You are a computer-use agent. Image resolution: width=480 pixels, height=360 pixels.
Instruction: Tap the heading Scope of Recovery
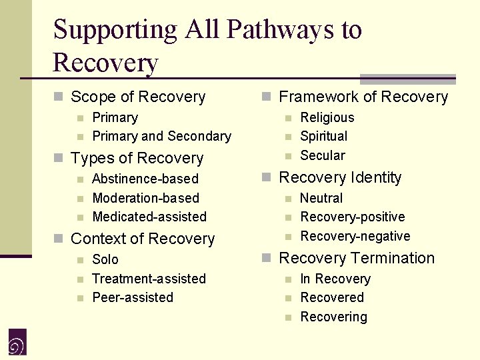coord(138,97)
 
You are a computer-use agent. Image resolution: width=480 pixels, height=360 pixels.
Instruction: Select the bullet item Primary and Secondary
coord(161,136)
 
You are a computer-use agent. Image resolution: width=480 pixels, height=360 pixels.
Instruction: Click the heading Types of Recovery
coord(137,159)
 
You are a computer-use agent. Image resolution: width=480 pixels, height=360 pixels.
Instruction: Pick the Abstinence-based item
coord(145,179)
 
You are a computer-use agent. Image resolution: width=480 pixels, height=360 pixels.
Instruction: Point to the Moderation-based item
coord(145,198)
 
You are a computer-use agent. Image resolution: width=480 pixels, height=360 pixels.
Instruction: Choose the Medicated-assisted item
coord(149,217)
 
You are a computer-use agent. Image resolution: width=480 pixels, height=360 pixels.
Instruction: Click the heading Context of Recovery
coord(143,239)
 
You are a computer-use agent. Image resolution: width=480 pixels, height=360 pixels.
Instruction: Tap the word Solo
coord(105,259)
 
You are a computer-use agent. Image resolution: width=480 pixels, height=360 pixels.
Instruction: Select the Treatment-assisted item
coord(149,279)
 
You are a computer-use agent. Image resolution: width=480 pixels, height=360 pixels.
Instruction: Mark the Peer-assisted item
coord(133,297)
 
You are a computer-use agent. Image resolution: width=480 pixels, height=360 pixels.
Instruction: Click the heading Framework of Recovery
coord(363,97)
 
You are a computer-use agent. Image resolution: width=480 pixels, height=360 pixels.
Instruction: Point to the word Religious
coord(327,117)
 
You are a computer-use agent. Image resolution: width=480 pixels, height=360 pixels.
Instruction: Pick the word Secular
coord(323,155)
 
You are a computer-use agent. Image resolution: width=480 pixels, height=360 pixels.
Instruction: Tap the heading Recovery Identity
coord(340,178)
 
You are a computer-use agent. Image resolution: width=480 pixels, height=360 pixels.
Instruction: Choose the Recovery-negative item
coord(355,236)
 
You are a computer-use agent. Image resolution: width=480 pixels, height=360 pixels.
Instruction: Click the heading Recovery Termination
coord(357,258)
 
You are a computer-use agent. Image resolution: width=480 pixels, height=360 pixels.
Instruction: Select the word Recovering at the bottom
coord(333,317)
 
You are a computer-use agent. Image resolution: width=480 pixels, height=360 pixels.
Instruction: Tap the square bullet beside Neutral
coord(288,199)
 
